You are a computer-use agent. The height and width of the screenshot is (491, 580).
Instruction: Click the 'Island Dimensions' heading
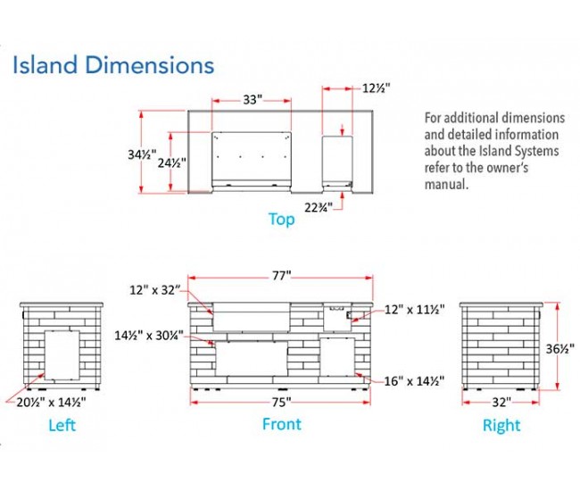pyautogui.click(x=112, y=64)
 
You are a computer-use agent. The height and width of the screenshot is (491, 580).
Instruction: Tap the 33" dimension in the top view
pyautogui.click(x=252, y=100)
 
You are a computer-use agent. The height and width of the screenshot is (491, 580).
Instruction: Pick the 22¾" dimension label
pyautogui.click(x=318, y=207)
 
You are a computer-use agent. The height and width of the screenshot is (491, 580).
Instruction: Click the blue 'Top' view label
pyautogui.click(x=281, y=219)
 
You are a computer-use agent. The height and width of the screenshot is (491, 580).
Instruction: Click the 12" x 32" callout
pyautogui.click(x=154, y=290)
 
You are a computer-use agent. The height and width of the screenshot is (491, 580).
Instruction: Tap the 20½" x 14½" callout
pyautogui.click(x=54, y=402)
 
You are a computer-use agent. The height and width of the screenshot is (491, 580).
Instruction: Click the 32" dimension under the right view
pyautogui.click(x=501, y=401)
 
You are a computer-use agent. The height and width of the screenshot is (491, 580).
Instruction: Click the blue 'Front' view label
pyautogui.click(x=281, y=424)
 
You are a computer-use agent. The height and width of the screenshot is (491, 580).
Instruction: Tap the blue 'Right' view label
pyautogui.click(x=501, y=426)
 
